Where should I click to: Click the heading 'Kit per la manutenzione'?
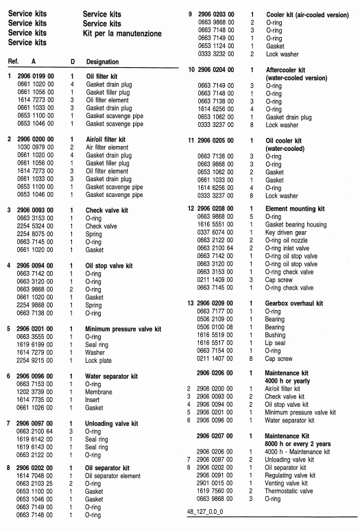click(122, 33)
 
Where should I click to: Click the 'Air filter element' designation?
click(107, 147)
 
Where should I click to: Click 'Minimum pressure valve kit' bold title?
click(123, 329)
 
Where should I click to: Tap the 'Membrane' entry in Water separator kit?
click(99, 391)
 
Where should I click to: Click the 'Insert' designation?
click(94, 399)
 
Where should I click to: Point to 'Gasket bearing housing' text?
click(298, 224)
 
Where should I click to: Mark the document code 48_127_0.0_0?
click(209, 512)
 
